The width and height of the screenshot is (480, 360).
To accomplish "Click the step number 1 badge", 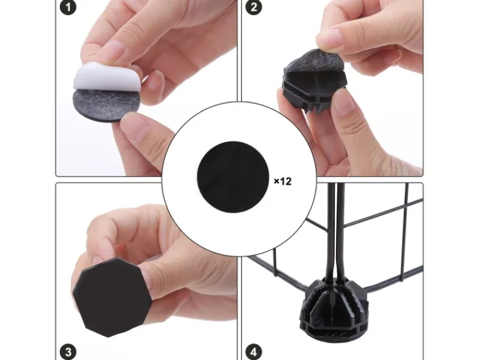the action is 68,7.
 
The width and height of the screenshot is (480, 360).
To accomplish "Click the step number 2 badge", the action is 254,7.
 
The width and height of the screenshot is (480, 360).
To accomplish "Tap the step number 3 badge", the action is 68,352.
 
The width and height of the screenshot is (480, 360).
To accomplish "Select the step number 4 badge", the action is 254,352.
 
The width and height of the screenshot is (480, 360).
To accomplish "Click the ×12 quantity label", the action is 283,181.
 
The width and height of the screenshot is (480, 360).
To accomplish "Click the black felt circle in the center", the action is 233,177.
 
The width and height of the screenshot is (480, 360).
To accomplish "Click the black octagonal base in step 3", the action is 112,297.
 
